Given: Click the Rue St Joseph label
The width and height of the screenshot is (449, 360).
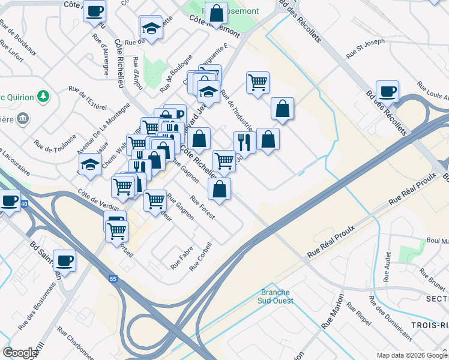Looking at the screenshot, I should [x=365, y=49].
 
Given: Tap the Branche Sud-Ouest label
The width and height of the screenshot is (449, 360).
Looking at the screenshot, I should [x=275, y=297].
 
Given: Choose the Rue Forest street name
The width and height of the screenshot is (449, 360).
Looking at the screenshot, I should [x=202, y=208].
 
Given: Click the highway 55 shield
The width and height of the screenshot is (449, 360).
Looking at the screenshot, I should [x=113, y=278].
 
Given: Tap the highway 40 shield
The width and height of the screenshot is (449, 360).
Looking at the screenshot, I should [x=23, y=204].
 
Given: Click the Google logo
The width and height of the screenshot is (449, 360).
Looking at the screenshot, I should [x=19, y=353].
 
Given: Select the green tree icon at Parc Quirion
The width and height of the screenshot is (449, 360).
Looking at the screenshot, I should [x=43, y=95].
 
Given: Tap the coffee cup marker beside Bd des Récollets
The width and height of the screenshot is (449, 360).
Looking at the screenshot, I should [x=387, y=91].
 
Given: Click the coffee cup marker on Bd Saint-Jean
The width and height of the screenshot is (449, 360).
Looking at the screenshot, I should [x=64, y=260].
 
